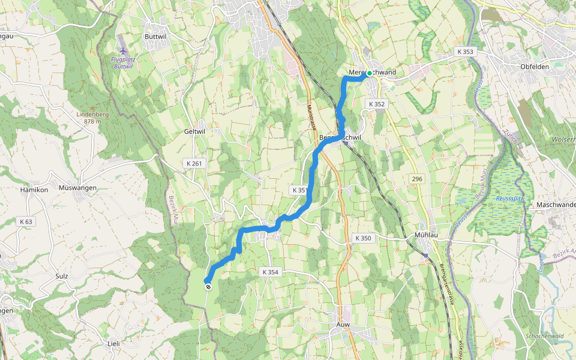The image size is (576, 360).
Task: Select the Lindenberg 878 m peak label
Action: [88, 117]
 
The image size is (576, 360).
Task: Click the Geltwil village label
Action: [195, 131]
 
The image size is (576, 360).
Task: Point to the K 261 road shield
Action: [194, 163]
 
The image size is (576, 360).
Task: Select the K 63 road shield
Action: [26, 221]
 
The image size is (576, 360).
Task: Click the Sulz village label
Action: [61, 276]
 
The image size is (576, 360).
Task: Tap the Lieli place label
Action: [113, 343]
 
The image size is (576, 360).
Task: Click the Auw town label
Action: [343, 325]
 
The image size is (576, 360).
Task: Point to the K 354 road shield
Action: [271, 272]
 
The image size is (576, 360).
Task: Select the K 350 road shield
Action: [363, 238]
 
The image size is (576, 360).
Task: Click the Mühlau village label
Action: [428, 235]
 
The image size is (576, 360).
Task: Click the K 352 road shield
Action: [376, 104]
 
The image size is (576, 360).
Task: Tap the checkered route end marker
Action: [208, 287]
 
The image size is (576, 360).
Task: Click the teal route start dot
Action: [370, 74]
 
